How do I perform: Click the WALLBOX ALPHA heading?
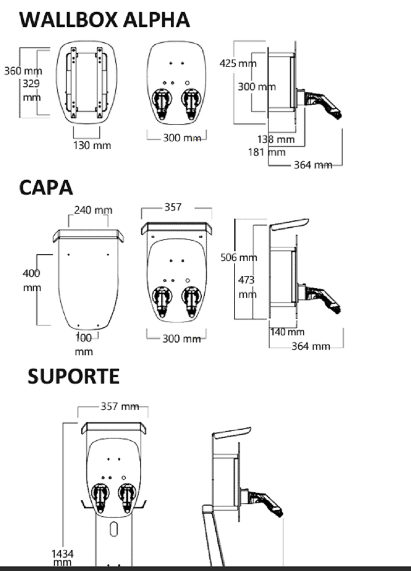104,20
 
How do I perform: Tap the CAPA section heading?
46,187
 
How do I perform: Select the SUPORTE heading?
73,376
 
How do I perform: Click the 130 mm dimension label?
91,145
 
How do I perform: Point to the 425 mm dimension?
237,64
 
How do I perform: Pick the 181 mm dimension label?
266,152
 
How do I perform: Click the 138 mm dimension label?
276,139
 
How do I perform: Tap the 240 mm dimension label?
93,210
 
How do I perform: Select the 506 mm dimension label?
238,257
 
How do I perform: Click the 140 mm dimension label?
287,332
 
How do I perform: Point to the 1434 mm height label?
62,558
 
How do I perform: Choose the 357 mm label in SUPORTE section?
120,407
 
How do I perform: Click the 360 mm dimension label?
23,71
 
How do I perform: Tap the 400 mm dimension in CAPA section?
31,280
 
